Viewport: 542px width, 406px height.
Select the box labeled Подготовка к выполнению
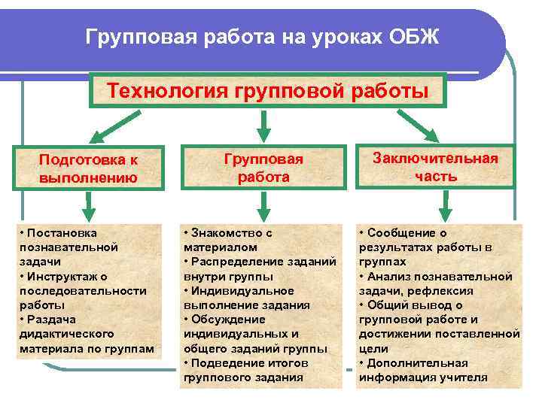[89, 168]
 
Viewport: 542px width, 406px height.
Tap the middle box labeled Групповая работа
[263, 168]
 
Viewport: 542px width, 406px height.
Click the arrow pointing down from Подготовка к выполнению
[89, 203]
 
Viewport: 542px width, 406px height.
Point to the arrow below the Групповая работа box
[263, 203]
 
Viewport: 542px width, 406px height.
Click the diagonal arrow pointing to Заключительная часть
[422, 126]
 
